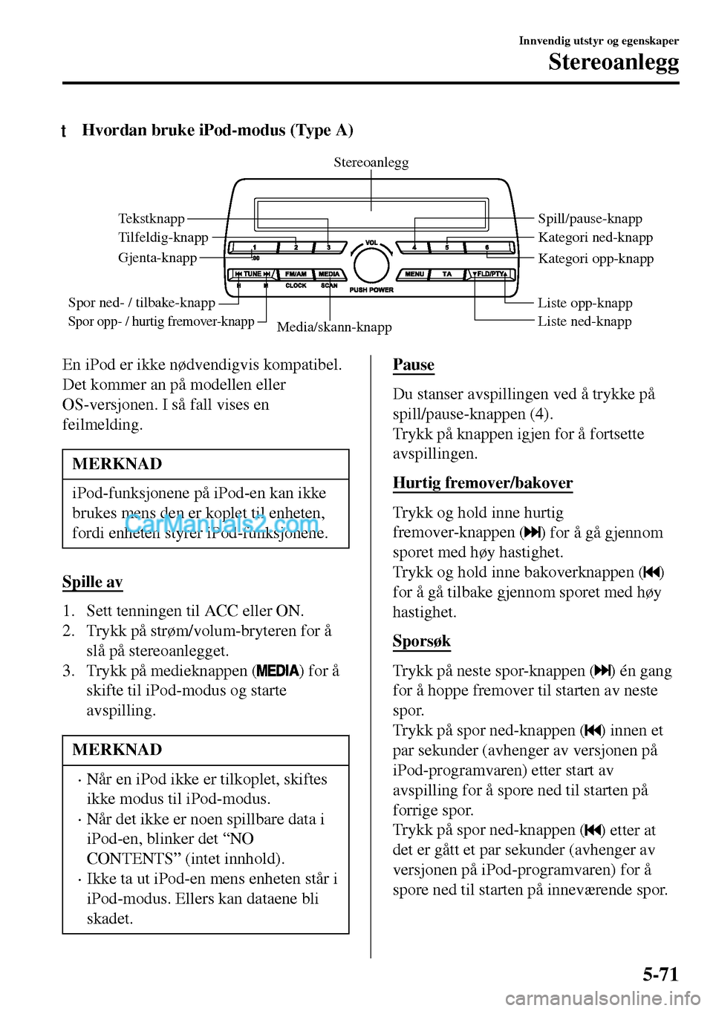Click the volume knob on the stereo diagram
point(371,265)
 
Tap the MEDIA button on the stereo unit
point(329,275)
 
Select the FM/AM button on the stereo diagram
point(296,275)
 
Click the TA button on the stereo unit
point(447,275)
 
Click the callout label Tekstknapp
point(152,218)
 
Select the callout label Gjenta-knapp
point(157,258)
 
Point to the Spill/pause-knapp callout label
point(590,218)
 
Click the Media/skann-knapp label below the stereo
point(334,327)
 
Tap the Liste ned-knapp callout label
point(585,321)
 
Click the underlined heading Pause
point(414,364)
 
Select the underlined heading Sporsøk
point(421,641)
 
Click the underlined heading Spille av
point(92,582)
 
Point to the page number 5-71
point(660,974)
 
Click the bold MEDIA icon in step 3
point(279,671)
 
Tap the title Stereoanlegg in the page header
point(613,62)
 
